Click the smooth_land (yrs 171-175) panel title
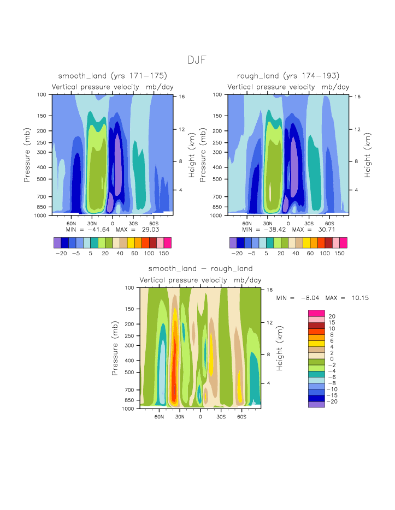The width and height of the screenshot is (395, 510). point(113,76)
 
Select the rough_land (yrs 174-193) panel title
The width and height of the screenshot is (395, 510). point(288,76)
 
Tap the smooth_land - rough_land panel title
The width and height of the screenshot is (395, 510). point(201,269)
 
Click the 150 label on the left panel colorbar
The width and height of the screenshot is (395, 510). point(164,254)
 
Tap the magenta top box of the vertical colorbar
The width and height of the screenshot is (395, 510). point(316,313)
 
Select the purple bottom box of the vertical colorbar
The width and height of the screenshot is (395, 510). point(316,404)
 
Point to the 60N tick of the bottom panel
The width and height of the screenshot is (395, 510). point(159,417)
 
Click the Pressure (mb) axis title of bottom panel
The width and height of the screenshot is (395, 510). point(115,347)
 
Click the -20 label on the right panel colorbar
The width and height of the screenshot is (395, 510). point(237,254)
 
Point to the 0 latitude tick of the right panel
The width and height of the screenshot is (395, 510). point(288,224)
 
